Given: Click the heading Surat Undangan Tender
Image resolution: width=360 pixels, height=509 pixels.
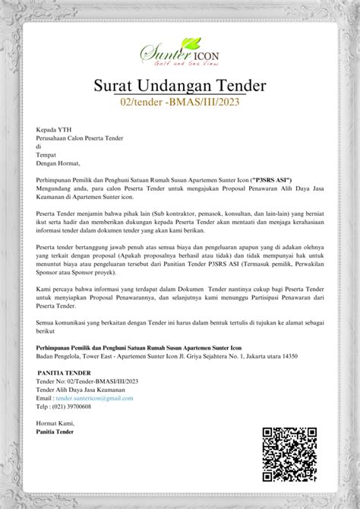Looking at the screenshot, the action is (x=180, y=85).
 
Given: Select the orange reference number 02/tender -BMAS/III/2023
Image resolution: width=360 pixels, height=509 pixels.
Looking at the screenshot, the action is (x=180, y=102).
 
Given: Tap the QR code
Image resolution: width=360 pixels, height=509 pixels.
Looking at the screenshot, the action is (x=289, y=454).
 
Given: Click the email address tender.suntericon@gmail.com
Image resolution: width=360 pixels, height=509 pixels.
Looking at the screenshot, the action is (x=94, y=398).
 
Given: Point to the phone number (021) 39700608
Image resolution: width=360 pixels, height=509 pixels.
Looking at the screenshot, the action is (x=73, y=406).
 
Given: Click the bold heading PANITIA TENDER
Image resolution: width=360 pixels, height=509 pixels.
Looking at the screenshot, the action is (x=64, y=373).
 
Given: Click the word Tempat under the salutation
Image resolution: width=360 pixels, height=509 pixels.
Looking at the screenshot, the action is (x=46, y=154).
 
